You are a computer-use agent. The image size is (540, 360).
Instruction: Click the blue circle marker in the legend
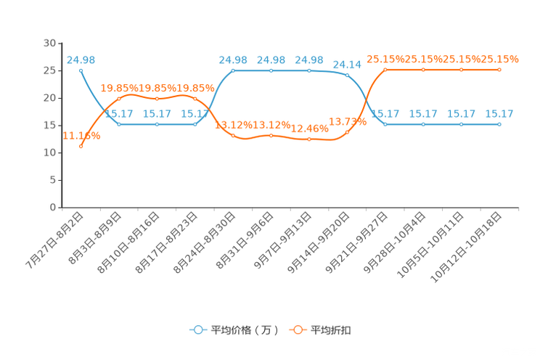[x=197, y=330]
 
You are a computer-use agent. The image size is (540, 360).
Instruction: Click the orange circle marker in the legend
[x=298, y=330]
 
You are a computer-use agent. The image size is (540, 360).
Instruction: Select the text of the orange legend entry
[x=332, y=330]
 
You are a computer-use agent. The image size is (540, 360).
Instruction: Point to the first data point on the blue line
[x=81, y=70]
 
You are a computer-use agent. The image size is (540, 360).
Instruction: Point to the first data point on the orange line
[x=81, y=147]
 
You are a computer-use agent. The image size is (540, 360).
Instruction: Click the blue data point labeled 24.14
[x=347, y=75]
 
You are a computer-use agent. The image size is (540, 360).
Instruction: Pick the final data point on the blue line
[x=499, y=124]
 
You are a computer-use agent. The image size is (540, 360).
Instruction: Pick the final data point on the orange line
[x=499, y=70]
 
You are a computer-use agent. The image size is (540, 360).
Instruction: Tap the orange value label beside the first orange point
[x=81, y=135]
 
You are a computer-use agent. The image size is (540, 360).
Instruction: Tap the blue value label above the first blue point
[x=81, y=60]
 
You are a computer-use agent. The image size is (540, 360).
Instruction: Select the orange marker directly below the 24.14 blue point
[x=347, y=132]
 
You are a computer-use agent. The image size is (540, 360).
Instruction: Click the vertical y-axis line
[x=60, y=123]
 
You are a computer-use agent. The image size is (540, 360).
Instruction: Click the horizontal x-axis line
[x=290, y=208]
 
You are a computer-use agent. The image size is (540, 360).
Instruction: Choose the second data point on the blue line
[x=119, y=124]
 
